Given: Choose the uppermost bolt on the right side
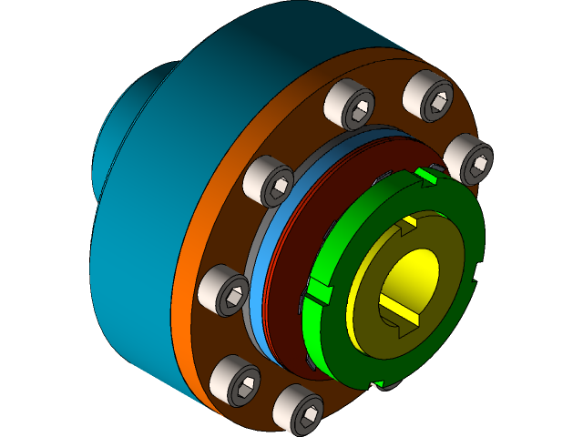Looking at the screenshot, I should tap(427, 95).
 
